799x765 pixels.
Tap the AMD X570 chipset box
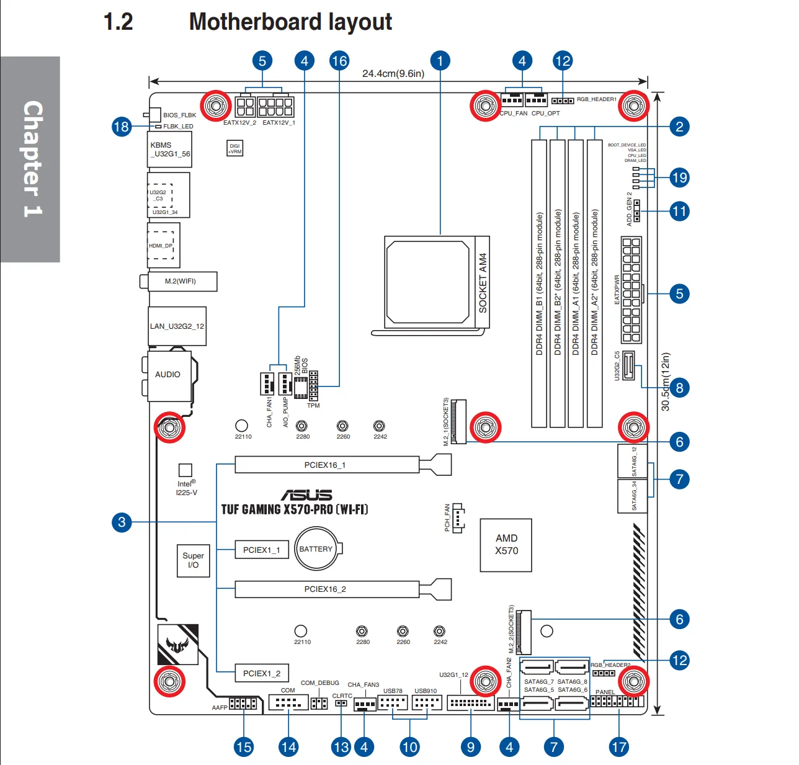click(506, 545)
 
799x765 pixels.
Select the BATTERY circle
click(316, 548)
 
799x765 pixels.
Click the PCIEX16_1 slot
click(327, 465)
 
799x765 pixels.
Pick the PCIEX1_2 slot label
click(262, 673)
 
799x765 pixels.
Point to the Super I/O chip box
click(193, 560)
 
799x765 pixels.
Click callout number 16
click(339, 61)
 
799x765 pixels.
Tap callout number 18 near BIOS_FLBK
click(121, 127)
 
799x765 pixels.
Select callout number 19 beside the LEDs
click(679, 177)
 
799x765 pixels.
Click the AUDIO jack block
click(168, 375)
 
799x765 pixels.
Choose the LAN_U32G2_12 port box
click(177, 326)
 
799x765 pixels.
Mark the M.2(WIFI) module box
click(181, 281)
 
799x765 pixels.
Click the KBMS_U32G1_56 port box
click(169, 150)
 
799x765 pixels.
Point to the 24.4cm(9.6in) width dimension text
click(393, 74)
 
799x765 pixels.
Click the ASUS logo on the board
click(307, 494)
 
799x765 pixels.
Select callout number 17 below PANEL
click(619, 746)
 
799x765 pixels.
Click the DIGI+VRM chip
click(234, 149)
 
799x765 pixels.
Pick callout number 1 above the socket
click(440, 61)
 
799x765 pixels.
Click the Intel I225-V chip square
click(185, 470)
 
